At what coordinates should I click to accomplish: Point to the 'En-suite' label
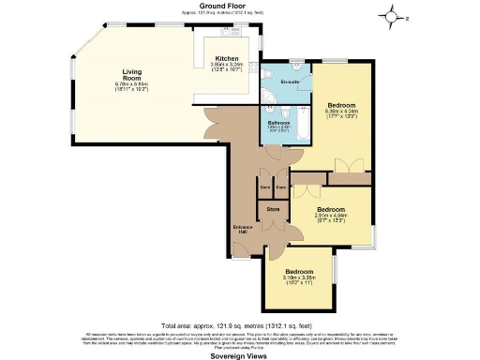point(289,82)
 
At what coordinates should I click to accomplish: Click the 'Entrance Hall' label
point(242,229)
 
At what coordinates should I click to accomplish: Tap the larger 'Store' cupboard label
point(273,209)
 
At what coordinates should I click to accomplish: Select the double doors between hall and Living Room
point(223,131)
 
